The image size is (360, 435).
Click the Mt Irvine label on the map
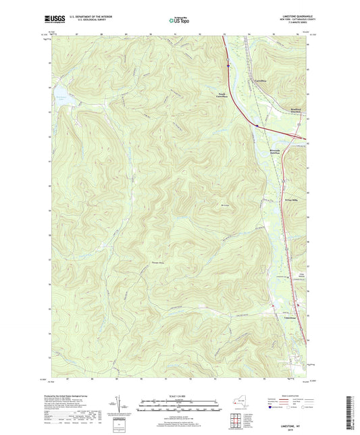tap(226, 205)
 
